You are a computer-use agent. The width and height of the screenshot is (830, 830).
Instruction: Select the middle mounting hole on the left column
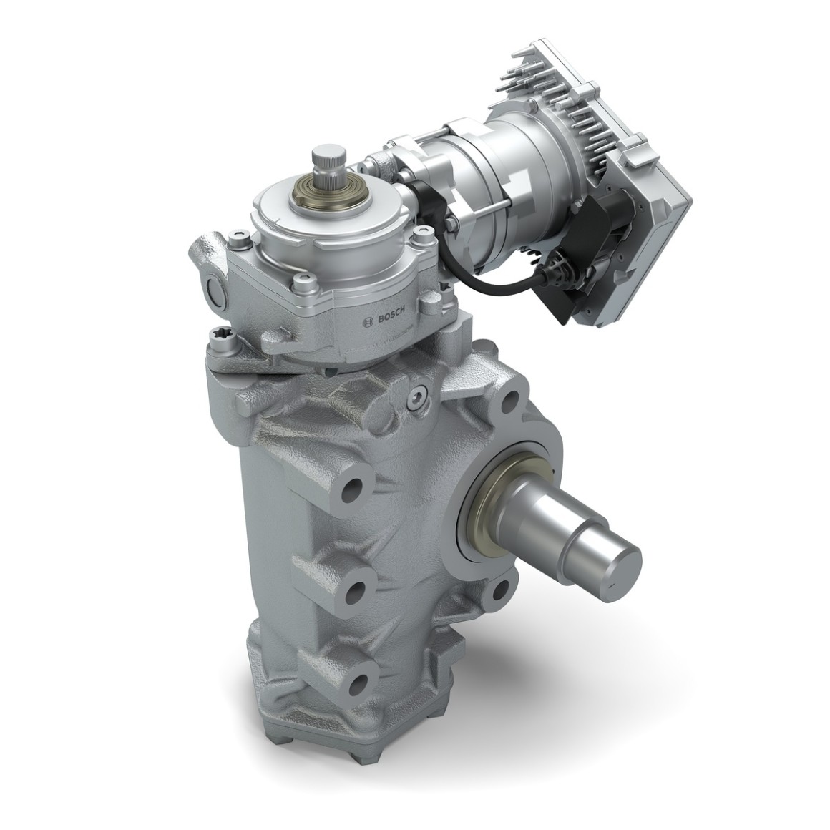pyautogui.click(x=355, y=591)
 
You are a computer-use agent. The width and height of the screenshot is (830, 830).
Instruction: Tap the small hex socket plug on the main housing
pyautogui.click(x=416, y=395)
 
